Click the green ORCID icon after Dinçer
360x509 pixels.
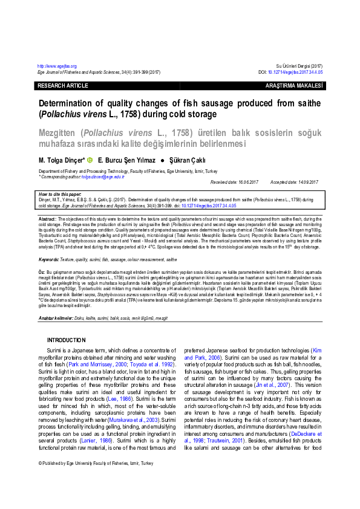90,160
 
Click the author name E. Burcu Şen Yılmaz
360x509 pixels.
126,160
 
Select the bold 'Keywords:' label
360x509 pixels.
48,259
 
